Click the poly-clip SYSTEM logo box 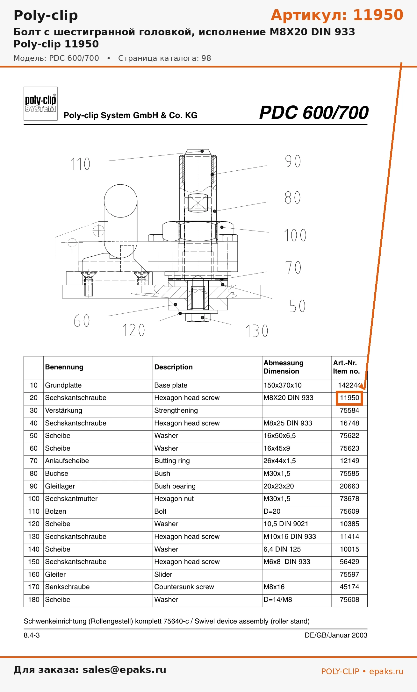coord(40,104)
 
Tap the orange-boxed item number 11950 coord(349,398)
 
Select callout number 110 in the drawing coord(80,164)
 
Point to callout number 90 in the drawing coord(293,161)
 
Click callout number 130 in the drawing coord(257,331)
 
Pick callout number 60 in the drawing coord(82,321)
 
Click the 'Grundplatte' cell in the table coord(63,385)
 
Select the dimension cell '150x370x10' coord(283,385)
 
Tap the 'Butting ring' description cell coord(172,461)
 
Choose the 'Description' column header coord(174,367)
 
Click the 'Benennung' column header coord(64,367)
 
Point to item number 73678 coord(349,499)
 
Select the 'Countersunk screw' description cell coord(184,587)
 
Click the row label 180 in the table coord(33,600)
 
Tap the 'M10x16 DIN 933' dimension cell coord(290,537)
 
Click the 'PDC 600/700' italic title coord(314,113)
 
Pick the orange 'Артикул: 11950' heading coord(337,15)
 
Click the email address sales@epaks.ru coord(124,670)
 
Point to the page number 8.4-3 coord(32,635)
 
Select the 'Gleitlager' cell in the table coord(60,486)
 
